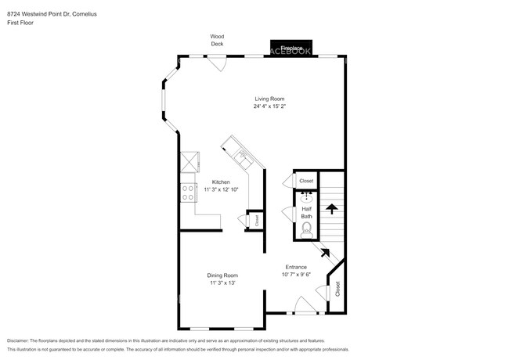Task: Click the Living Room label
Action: pos(269,99)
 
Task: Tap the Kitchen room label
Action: pos(220,182)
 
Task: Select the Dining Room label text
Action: pos(222,275)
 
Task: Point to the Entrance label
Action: pos(295,267)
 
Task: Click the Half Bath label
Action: pos(306,212)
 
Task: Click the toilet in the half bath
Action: pos(306,230)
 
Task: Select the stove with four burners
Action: pos(189,193)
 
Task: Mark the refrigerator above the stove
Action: pos(189,162)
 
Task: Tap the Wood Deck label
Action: pos(217,40)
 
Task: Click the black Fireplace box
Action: pos(291,47)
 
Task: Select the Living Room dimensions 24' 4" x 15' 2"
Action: pos(269,106)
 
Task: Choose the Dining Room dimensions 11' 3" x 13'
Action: pos(222,283)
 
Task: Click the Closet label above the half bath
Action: pos(306,181)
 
